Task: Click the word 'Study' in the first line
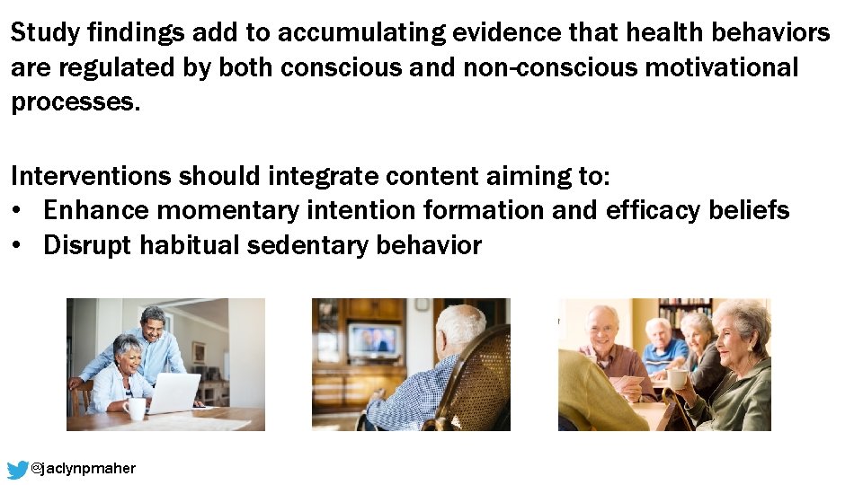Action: pyautogui.click(x=45, y=34)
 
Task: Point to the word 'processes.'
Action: pyautogui.click(x=76, y=102)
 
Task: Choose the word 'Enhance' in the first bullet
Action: pyautogui.click(x=96, y=210)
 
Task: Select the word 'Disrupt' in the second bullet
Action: pyautogui.click(x=87, y=245)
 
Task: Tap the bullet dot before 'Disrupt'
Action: pyautogui.click(x=18, y=246)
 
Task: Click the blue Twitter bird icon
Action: pyautogui.click(x=18, y=469)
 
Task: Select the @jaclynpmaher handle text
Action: pyautogui.click(x=84, y=469)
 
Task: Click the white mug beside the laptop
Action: pyautogui.click(x=135, y=409)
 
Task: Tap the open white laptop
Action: pyautogui.click(x=174, y=393)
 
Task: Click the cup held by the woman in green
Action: pyautogui.click(x=676, y=379)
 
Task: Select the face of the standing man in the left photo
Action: pyautogui.click(x=153, y=323)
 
